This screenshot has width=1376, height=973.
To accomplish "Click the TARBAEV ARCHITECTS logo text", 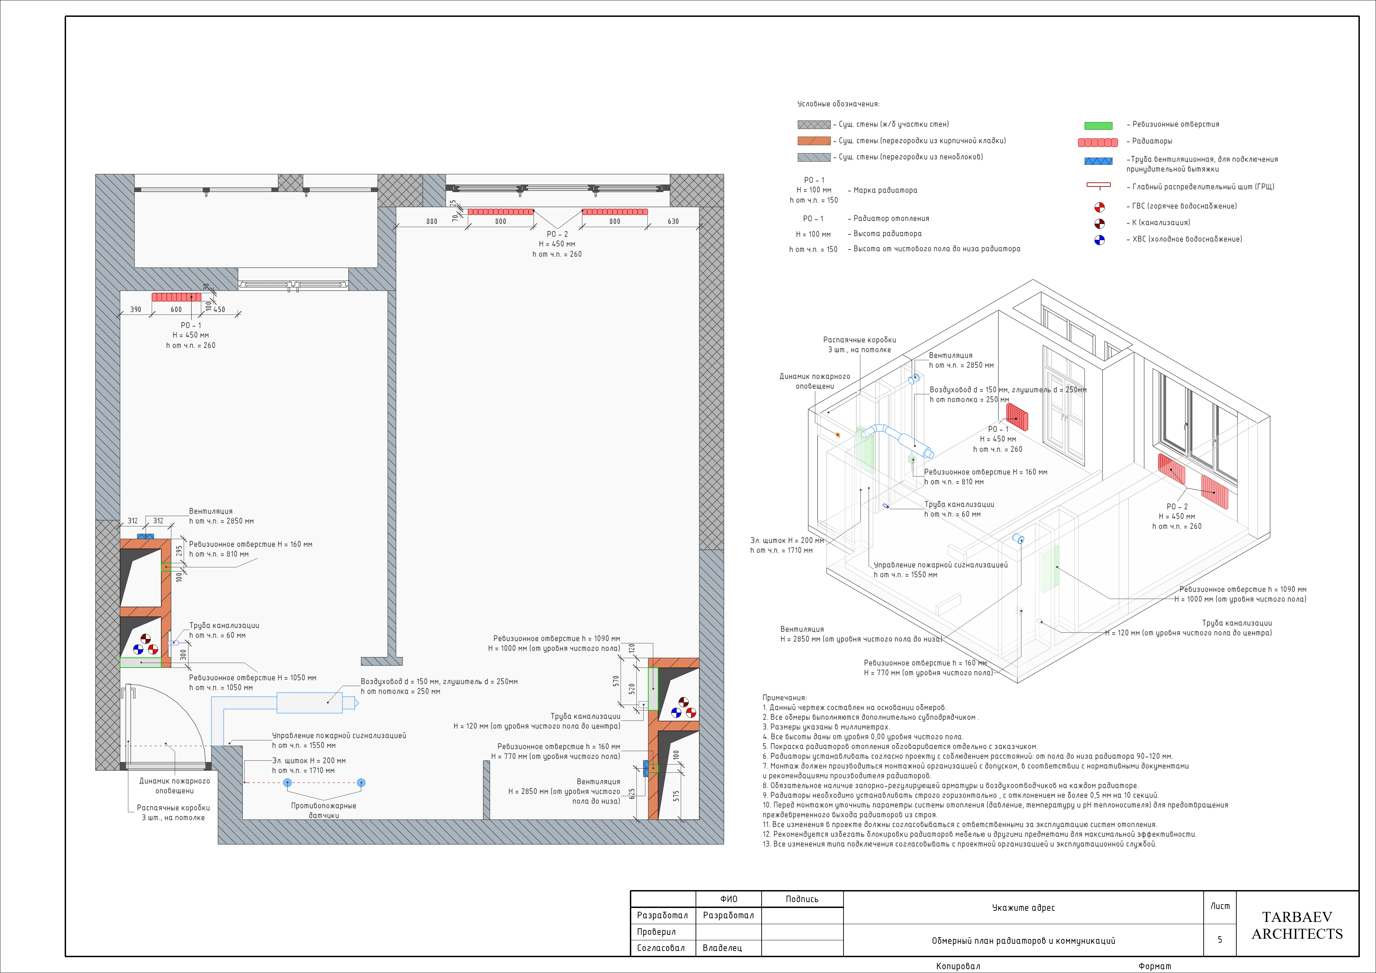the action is click(1297, 925).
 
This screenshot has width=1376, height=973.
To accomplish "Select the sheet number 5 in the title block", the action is click(1219, 939).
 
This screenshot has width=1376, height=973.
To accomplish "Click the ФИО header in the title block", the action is click(729, 899).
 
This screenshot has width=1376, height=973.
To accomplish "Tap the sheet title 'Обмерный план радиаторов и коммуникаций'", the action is click(1024, 941).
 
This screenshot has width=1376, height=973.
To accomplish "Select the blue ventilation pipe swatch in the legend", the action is click(1098, 161).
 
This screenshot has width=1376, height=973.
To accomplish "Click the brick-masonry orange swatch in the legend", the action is click(814, 141).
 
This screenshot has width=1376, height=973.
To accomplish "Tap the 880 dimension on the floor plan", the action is click(431, 221).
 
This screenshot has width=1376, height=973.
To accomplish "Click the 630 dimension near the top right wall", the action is click(673, 221).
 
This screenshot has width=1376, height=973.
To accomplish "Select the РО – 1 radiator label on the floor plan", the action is click(191, 325).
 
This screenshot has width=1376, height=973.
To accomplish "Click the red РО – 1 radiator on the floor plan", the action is click(176, 297).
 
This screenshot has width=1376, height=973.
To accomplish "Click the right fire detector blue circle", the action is click(361, 782).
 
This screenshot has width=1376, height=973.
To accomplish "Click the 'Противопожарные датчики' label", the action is click(324, 811).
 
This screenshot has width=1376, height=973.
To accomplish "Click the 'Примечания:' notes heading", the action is click(784, 698).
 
